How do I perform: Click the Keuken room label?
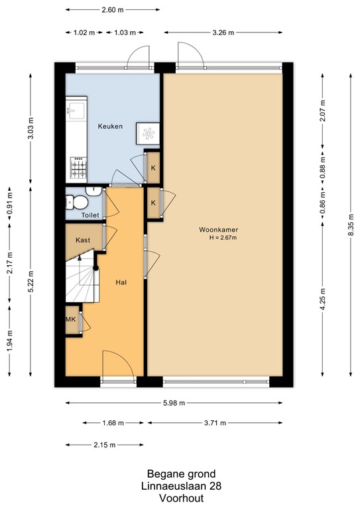point(110,127)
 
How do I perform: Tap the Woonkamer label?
point(218,230)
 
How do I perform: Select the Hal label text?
point(121,282)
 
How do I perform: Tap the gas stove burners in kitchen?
point(78,166)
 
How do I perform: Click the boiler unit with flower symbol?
point(146,133)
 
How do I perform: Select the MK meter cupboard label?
point(71,320)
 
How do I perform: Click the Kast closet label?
point(83,240)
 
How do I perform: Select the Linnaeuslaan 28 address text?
point(180,486)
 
